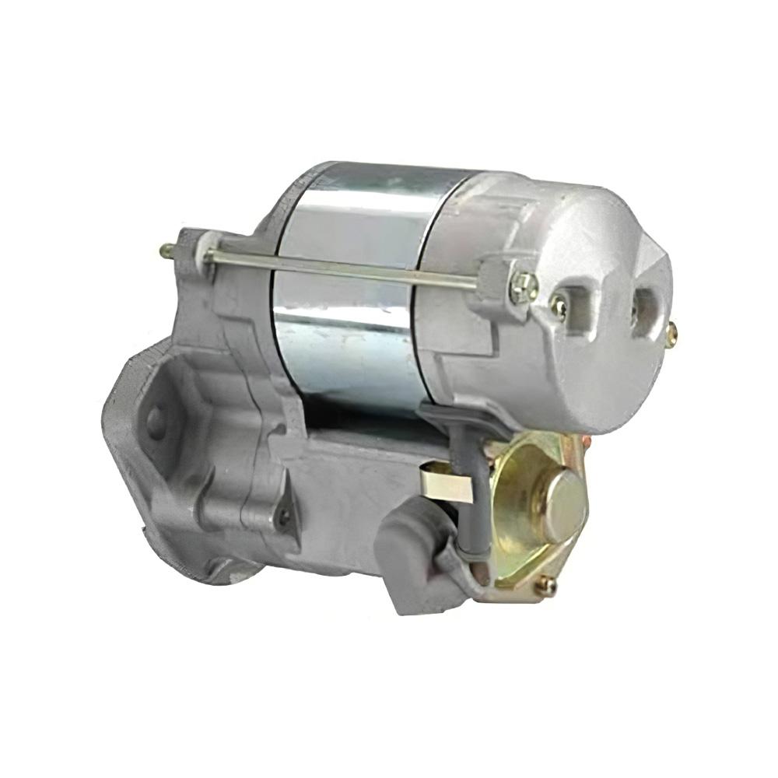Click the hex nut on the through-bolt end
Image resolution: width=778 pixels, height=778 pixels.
tap(524, 287)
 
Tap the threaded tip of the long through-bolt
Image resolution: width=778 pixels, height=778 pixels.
tap(166, 251)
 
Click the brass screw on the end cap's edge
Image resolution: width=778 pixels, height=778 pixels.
tap(671, 333)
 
